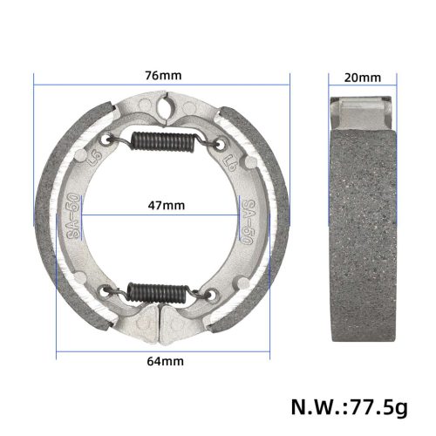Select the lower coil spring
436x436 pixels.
point(162,290)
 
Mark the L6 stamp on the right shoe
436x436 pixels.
point(232,163)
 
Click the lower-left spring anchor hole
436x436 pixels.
point(108,291)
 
